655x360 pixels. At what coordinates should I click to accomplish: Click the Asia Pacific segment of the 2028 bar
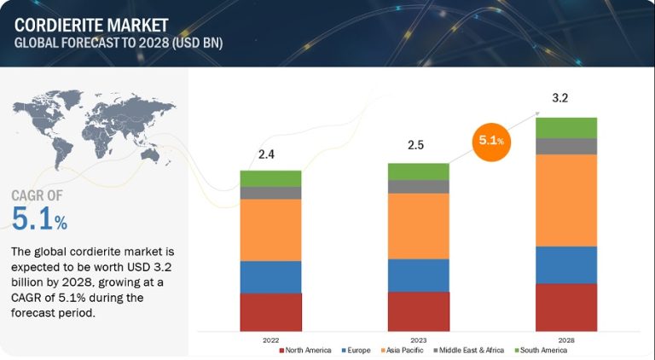click(566, 200)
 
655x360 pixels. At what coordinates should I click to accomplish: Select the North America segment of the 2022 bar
click(270, 311)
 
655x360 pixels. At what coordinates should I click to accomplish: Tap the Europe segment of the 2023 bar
click(418, 275)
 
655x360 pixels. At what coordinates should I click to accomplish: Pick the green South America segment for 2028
click(566, 128)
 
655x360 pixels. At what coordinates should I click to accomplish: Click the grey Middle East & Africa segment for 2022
click(270, 193)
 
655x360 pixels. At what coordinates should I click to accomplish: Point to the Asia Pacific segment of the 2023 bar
click(418, 226)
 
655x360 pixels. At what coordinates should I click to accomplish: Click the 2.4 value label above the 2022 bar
click(266, 154)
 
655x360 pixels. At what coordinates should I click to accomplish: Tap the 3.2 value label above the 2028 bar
click(560, 98)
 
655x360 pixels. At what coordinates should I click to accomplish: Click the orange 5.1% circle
click(491, 140)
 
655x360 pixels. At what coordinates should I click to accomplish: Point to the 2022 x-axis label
click(270, 340)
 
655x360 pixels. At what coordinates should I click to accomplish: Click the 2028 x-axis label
click(566, 340)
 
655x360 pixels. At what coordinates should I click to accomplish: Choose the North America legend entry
click(304, 351)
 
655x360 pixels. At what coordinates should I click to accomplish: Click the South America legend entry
click(541, 351)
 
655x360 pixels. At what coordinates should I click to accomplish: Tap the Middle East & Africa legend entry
click(469, 351)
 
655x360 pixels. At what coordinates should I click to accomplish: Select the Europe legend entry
click(355, 351)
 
